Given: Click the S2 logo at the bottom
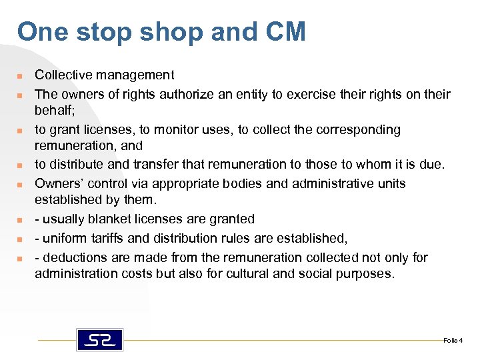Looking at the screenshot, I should coord(100,339).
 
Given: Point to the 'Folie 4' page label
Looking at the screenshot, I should coord(452,341).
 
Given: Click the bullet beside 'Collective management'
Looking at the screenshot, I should coord(21,76).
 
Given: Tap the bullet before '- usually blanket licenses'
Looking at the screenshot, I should coord(21,219).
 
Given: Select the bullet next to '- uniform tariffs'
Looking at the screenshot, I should coord(21,239).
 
